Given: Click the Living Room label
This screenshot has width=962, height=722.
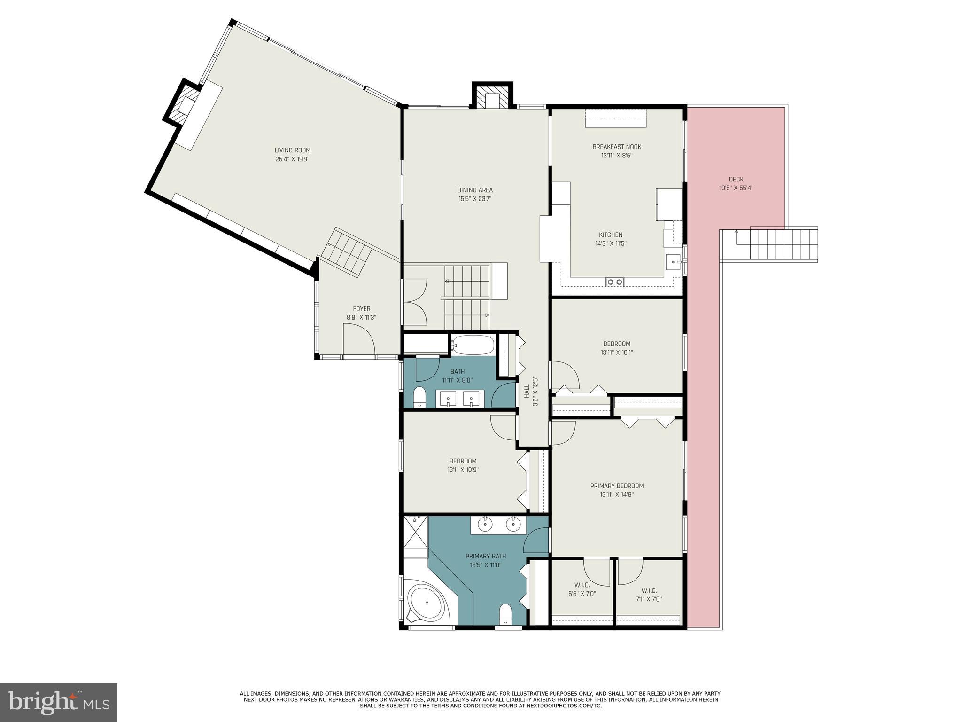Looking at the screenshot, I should pos(292,150).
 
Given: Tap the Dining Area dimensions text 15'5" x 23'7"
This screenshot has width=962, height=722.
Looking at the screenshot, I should pos(475,199).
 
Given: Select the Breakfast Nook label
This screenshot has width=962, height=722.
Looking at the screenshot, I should pos(616,147).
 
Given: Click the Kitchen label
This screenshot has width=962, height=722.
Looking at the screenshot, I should pos(610,235).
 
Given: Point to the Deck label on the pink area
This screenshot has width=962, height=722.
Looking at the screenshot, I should pos(736,179).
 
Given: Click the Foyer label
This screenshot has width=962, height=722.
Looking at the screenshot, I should pos(361,309).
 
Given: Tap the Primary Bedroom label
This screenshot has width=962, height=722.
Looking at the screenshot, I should pos(616,486).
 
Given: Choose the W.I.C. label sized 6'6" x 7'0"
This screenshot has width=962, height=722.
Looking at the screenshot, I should pos(582,585).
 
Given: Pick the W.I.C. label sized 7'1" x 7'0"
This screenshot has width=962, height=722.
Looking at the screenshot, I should pos(649,590).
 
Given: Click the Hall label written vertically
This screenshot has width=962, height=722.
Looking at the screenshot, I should pos(527,391).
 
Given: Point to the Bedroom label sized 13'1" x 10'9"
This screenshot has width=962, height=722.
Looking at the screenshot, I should pos(463,461).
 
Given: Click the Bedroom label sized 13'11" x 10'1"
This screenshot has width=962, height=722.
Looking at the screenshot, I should pos(616,344).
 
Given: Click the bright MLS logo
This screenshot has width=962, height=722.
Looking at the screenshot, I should pos(59,703).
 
